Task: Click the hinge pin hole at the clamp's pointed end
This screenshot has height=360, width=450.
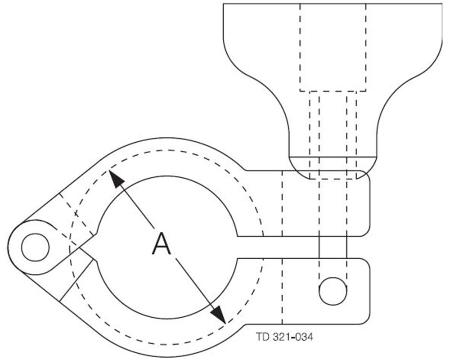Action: coord(35,247)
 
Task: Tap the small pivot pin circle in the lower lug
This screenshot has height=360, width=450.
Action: coord(333,291)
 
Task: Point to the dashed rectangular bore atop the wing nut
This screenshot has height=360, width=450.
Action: coord(333,45)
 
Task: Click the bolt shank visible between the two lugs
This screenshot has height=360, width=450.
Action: coord(333,247)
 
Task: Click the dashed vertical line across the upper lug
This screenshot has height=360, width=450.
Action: coord(282,202)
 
